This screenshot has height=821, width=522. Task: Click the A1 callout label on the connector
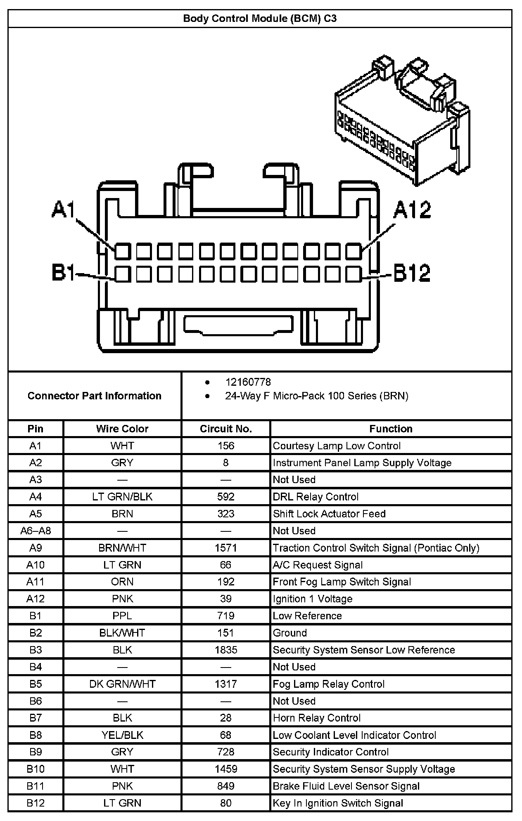[63, 209]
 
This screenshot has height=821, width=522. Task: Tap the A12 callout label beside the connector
[412, 209]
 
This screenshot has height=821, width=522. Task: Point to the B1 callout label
[63, 273]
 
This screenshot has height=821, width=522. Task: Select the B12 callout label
[412, 273]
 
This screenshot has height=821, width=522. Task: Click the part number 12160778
[248, 382]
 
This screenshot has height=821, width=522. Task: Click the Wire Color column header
[122, 429]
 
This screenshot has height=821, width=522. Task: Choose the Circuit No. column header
[226, 429]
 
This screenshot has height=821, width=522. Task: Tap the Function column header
[391, 429]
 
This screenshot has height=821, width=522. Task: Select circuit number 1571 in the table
[226, 548]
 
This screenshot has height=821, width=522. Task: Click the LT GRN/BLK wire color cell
[122, 497]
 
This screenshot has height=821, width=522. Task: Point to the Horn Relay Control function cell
[317, 718]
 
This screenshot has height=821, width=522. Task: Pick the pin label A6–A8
[36, 531]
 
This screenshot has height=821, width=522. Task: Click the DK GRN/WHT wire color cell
[122, 684]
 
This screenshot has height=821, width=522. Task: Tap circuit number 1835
[226, 650]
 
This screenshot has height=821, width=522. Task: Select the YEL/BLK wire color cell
[122, 735]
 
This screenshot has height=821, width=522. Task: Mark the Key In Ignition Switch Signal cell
[338, 803]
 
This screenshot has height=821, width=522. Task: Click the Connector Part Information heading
[95, 396]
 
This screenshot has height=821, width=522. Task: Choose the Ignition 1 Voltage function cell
[313, 599]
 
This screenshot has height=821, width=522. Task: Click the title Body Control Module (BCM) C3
[260, 19]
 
